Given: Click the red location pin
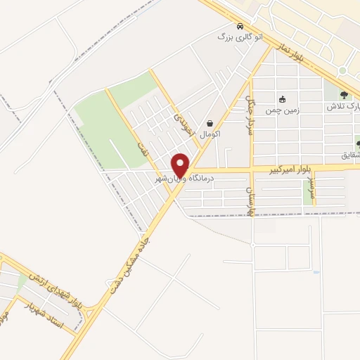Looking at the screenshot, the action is click(181, 165).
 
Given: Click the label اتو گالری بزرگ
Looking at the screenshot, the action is click(240, 36).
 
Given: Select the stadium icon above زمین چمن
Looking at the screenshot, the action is click(282, 99).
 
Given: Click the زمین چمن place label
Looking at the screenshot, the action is click(281, 110).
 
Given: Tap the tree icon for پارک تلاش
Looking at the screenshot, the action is click(343, 96).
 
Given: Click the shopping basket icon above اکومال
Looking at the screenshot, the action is click(210, 122).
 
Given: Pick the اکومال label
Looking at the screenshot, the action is click(210, 134).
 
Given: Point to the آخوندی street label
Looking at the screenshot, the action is click(181, 119).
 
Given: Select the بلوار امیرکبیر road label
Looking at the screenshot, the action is click(292, 169).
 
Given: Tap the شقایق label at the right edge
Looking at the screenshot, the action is click(351, 154).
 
